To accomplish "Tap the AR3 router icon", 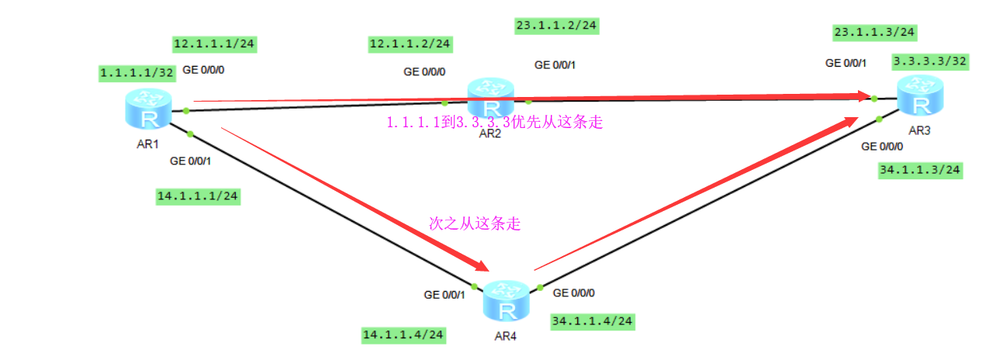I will tap(921, 95).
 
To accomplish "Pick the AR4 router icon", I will tap(507, 302).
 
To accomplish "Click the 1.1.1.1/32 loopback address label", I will tap(137, 73).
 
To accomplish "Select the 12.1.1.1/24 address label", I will tap(215, 44).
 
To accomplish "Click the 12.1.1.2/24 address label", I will tap(410, 44).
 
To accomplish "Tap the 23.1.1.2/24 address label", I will tap(556, 26).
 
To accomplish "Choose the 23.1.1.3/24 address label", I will tap(874, 32).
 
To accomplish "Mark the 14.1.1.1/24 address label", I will tap(198, 196).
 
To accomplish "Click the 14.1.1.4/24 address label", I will tap(403, 335).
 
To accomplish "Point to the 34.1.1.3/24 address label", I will tap(920, 170).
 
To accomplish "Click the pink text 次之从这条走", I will tap(475, 224).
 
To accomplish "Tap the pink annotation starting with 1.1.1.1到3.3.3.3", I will tap(494, 122).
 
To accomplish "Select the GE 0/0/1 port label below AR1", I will tap(191, 161).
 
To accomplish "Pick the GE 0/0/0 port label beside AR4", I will tap(579, 293).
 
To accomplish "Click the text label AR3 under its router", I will tap(919, 130).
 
